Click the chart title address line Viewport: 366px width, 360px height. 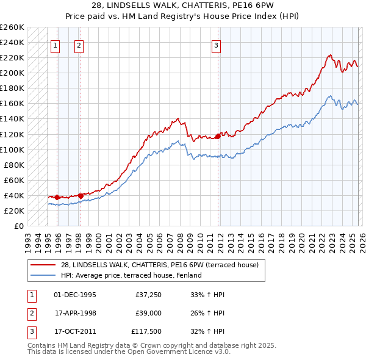click(x=182, y=5)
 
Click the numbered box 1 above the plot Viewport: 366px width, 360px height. click(x=55, y=45)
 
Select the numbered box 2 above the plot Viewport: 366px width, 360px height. click(x=79, y=45)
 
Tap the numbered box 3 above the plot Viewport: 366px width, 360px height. click(x=217, y=45)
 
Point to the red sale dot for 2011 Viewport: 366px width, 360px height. click(x=218, y=136)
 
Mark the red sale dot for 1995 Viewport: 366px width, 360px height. click(x=57, y=197)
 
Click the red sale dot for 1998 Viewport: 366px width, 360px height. click(x=81, y=196)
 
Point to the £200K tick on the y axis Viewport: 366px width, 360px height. click(x=13, y=73)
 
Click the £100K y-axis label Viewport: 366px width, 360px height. click(x=13, y=149)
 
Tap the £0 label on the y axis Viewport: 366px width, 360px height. click(x=18, y=226)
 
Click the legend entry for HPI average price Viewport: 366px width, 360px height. click(x=131, y=275)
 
